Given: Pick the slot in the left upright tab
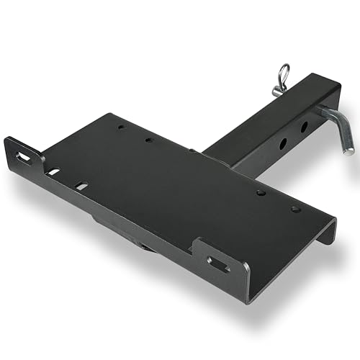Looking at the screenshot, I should pyautogui.click(x=24, y=156).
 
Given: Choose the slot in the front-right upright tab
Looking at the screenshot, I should pyautogui.click(x=217, y=263).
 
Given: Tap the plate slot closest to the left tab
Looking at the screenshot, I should pyautogui.click(x=53, y=172).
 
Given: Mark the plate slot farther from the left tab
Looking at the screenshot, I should pyautogui.click(x=81, y=186).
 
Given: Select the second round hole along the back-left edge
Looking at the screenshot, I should pyautogui.click(x=148, y=140).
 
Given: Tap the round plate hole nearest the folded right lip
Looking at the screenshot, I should pyautogui.click(x=295, y=210).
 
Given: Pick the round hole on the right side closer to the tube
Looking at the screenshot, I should pyautogui.click(x=261, y=192).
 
